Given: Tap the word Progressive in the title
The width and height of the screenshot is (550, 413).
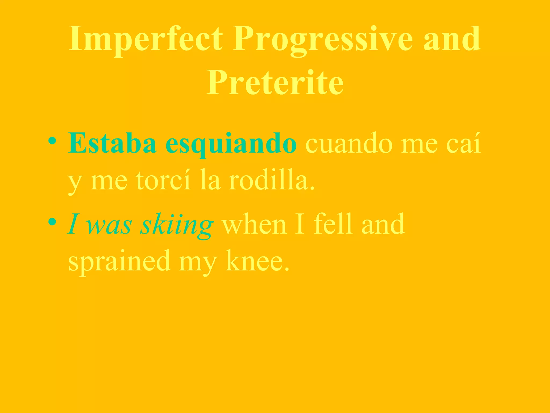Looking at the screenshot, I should (322, 39).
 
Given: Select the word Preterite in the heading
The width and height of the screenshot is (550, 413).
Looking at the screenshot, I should (275, 82).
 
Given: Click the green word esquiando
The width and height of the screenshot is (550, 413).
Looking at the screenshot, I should (231, 144).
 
